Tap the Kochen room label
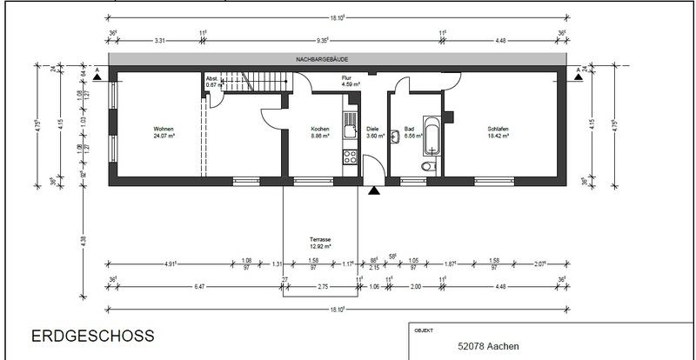[320, 128]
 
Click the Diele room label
[372, 128]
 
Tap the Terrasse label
[321, 241]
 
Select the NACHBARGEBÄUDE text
[322, 60]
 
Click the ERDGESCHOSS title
[93, 335]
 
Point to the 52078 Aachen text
[489, 346]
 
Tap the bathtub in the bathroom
[431, 130]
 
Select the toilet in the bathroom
[426, 166]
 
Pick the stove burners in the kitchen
[351, 157]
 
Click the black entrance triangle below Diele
[374, 190]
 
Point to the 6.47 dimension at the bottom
[199, 286]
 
